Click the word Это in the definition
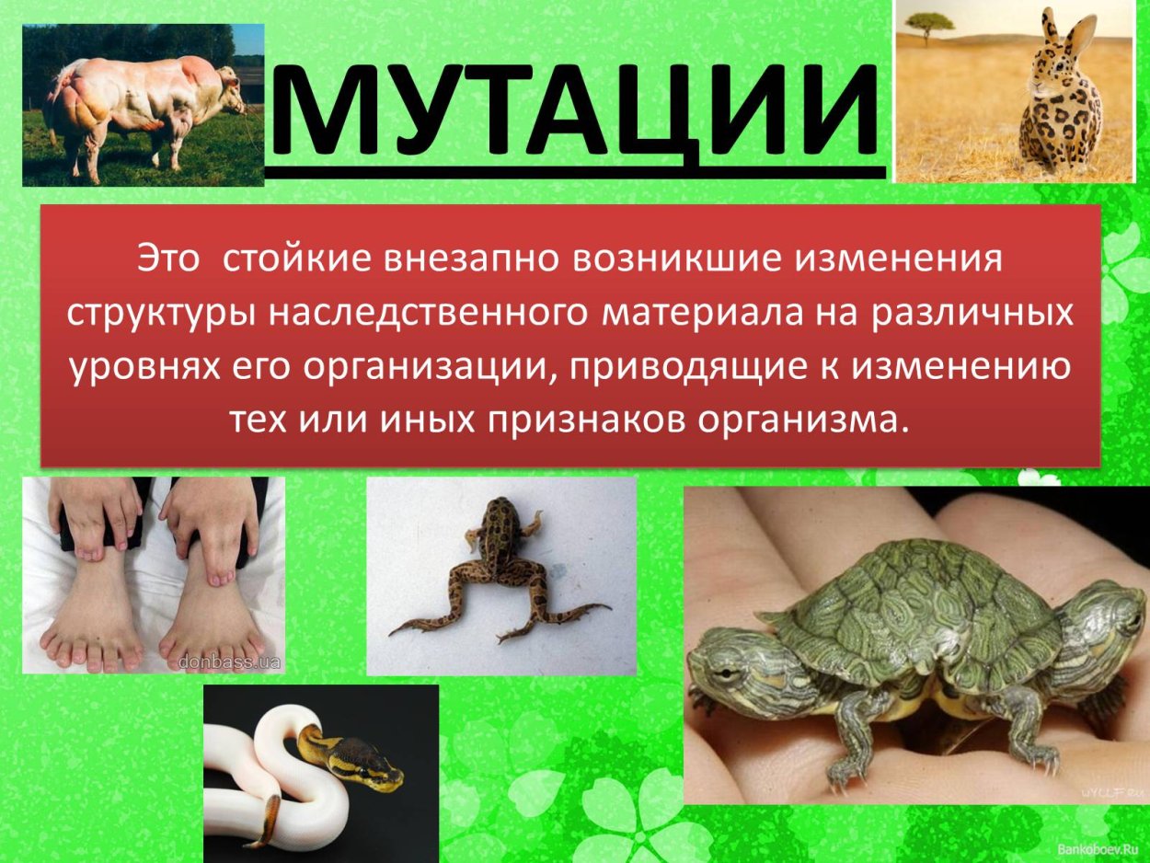(168, 258)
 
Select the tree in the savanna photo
(930, 25)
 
